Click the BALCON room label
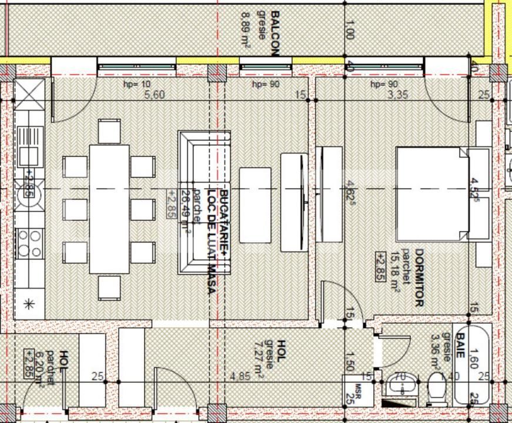[x=273, y=32]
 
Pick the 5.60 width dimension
[x=155, y=96]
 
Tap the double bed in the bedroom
[x=432, y=194]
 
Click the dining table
[x=109, y=209]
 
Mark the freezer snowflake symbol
[x=28, y=304]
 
